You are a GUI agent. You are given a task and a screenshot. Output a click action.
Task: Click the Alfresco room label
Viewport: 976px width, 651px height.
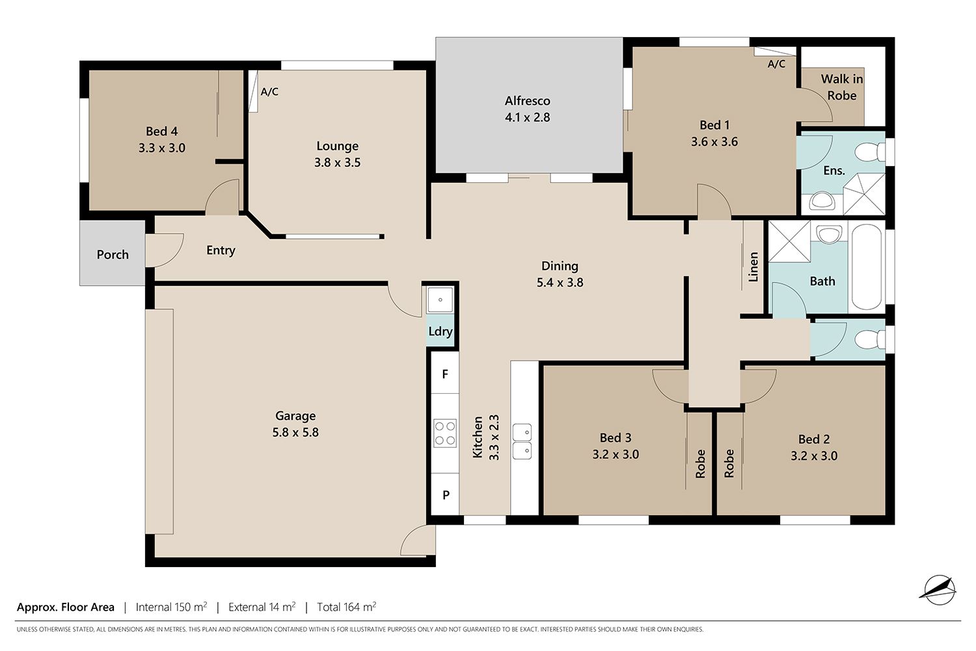(x=527, y=101)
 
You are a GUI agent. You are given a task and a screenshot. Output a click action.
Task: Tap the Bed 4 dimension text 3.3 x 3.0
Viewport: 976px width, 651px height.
(x=162, y=148)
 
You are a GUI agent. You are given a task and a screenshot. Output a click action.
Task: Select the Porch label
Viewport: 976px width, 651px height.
(x=113, y=255)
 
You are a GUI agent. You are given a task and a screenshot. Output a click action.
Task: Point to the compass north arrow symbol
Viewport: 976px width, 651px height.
(x=940, y=590)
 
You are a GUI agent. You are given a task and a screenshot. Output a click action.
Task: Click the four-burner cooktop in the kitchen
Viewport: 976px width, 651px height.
(x=445, y=433)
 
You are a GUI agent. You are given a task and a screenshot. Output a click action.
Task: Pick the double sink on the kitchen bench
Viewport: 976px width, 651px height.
(x=522, y=441)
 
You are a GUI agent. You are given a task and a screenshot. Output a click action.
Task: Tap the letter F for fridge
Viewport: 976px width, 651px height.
(x=445, y=374)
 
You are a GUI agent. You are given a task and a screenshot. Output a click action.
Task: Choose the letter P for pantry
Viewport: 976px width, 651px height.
(x=446, y=495)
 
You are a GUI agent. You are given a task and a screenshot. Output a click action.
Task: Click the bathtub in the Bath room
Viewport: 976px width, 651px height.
(x=866, y=267)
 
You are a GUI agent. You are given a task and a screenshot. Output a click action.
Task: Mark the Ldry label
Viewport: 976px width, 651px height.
(x=441, y=331)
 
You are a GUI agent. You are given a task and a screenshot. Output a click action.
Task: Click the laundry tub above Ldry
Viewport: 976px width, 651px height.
(x=440, y=300)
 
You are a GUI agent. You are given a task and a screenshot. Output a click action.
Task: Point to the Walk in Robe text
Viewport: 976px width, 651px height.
(x=842, y=87)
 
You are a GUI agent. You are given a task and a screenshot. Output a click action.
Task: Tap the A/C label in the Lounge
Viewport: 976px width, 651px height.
(x=269, y=92)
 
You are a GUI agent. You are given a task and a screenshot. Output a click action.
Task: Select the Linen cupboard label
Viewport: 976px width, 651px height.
(x=753, y=267)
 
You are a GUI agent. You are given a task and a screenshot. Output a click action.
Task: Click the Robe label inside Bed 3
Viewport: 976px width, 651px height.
(x=700, y=464)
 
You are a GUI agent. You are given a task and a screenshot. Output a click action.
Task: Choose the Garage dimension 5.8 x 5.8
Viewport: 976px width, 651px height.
(x=295, y=432)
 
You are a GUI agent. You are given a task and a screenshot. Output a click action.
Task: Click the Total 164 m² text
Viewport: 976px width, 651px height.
(x=346, y=607)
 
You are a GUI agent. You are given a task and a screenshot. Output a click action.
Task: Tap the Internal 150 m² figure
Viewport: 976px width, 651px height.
(x=171, y=607)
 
